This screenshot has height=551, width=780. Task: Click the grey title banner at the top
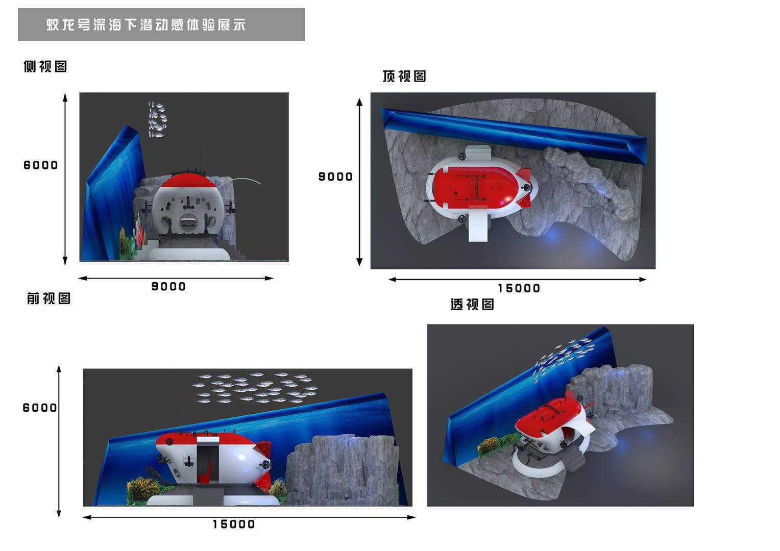coord(161,24)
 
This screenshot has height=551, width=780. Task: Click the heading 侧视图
coord(45,66)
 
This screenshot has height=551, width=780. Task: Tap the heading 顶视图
coord(404,76)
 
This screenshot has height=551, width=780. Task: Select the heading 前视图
coord(49,298)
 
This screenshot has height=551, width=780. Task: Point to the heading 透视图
coord(472,304)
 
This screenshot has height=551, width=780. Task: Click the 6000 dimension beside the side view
coord(41,165)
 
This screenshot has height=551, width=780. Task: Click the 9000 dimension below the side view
coord(168,286)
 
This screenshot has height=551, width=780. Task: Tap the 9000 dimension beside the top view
coord(336,177)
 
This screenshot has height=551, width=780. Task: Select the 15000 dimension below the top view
coord(519,288)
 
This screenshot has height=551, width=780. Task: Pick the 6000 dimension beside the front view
coord(40,408)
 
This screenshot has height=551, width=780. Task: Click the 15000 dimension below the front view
coord(234,524)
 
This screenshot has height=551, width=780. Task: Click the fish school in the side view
coord(157,119)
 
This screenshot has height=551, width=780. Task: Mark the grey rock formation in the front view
coord(343,470)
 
